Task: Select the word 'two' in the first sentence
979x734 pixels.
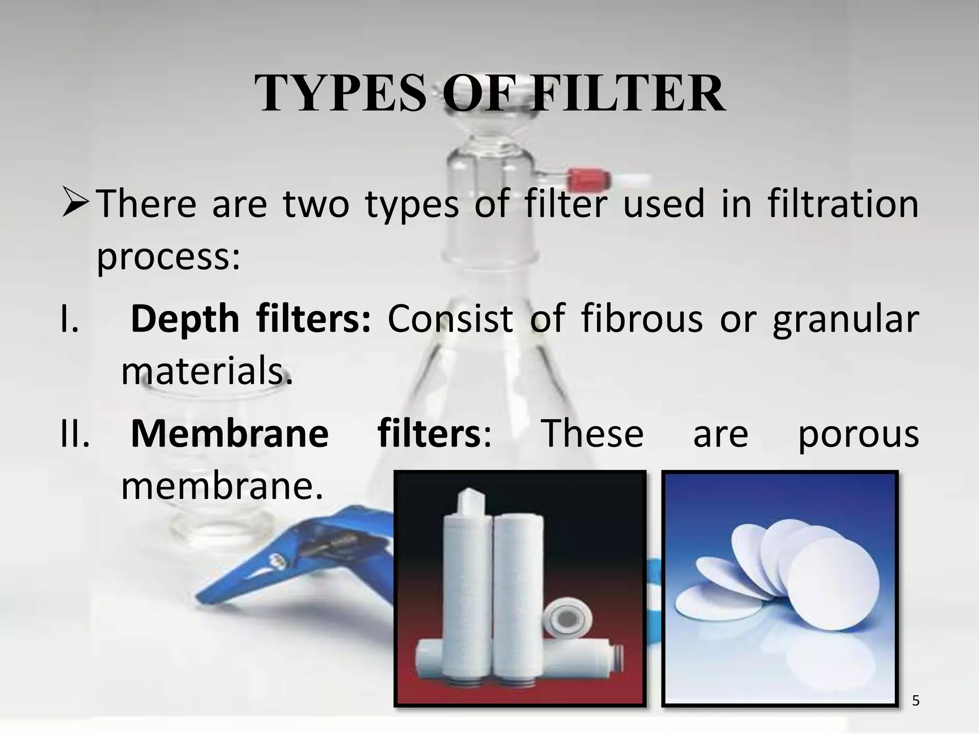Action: point(316,205)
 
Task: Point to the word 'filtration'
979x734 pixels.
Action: point(843,205)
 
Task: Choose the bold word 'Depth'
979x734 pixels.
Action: point(185,319)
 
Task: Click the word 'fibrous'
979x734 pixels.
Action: point(642,319)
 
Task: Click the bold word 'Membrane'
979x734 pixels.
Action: point(229,434)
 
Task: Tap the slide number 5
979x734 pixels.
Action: point(915,701)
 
